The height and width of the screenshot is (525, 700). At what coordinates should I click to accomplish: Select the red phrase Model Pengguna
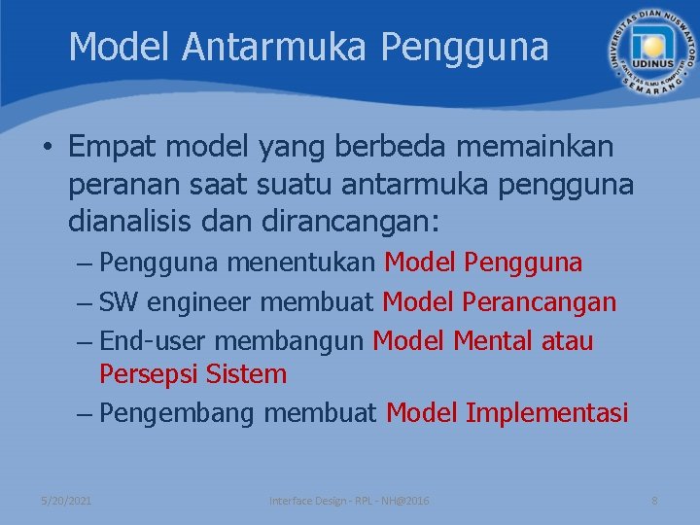483,262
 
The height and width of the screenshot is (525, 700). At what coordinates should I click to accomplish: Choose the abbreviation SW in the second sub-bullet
119,302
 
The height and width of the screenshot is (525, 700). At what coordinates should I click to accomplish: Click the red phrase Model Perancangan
499,302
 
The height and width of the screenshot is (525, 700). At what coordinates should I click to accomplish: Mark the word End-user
153,341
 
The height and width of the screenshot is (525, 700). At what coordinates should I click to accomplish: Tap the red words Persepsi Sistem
192,374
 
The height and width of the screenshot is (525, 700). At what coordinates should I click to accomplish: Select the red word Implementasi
546,413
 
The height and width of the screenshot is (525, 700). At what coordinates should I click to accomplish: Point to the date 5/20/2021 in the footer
66,500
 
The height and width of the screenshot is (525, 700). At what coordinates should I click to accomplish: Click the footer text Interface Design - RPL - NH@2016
349,500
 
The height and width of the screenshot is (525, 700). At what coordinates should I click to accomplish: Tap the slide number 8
654,500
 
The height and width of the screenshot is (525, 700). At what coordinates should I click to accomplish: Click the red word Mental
499,341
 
